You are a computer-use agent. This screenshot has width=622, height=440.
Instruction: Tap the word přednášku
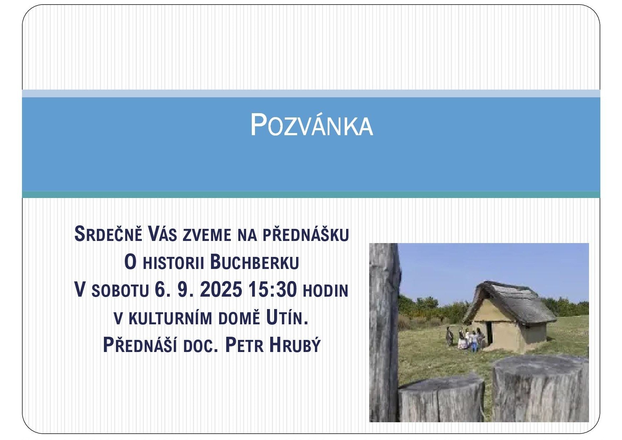coord(306,235)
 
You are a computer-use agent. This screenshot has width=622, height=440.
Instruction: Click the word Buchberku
coord(255,262)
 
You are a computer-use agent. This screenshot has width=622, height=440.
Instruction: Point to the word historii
coord(173,263)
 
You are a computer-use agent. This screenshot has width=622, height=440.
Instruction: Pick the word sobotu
coord(120,291)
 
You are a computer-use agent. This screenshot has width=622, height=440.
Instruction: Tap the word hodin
coord(325,290)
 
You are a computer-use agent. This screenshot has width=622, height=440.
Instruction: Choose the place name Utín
coord(287,318)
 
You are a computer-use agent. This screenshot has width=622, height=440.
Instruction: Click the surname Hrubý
coord(295,345)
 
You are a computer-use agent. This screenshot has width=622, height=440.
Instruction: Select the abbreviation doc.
coord(200,346)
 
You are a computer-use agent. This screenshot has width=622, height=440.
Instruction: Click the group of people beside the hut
coord(465,339)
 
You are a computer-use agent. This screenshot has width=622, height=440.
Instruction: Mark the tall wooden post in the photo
coord(384,332)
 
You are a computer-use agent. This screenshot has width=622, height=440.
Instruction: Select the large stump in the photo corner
coord(540,389)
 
